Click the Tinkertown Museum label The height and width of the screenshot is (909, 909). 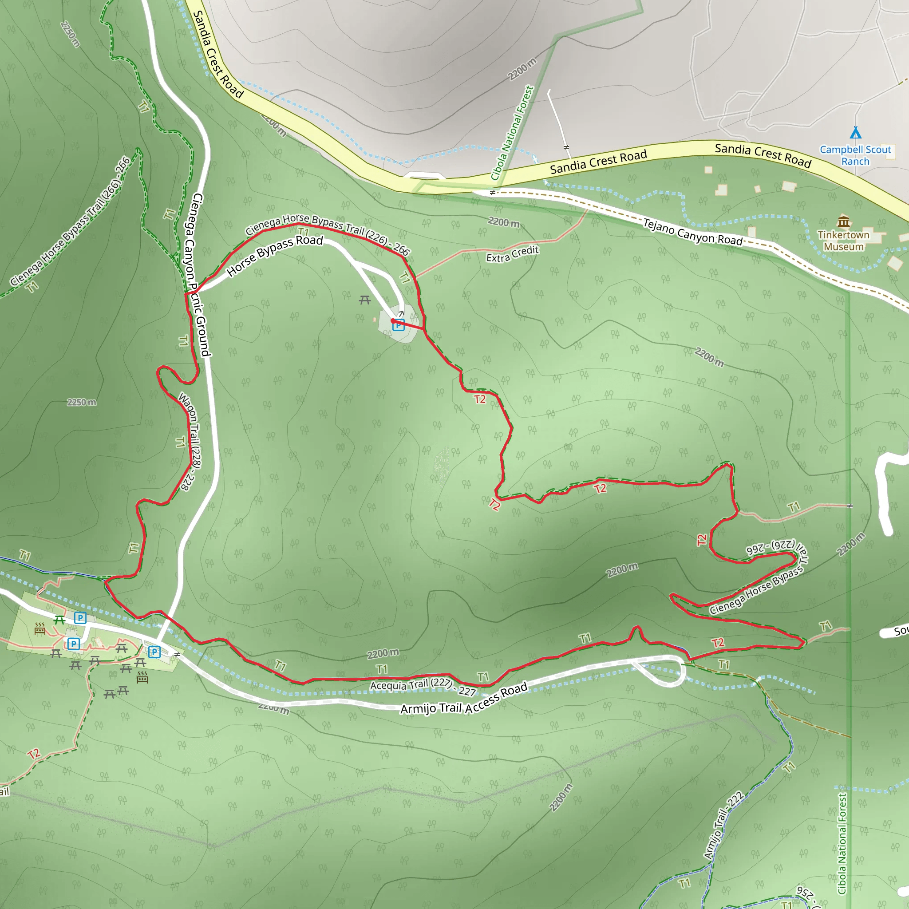coord(844,241)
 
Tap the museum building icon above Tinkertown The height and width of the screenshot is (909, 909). coord(844,221)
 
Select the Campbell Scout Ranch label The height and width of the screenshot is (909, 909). coord(855,155)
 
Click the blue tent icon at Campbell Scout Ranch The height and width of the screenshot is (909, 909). coord(856,133)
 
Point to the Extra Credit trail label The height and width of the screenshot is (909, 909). coord(512,254)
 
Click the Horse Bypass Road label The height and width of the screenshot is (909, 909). coord(275,256)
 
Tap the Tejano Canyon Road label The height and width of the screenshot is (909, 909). coord(692,232)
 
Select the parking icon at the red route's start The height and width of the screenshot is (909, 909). coord(399,325)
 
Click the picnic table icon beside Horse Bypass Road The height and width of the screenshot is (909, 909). coord(365,300)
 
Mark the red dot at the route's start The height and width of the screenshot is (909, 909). coord(393,321)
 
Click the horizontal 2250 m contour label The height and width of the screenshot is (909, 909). coord(81,402)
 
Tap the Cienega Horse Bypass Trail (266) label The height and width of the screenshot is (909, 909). coord(71,222)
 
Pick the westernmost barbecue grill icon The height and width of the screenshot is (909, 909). coord(40,628)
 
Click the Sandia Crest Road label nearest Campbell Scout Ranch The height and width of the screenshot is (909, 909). coord(763,155)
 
